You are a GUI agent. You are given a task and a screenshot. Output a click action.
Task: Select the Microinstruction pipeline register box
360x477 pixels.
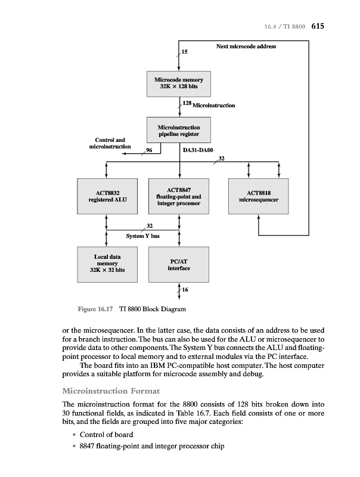[x=179, y=130]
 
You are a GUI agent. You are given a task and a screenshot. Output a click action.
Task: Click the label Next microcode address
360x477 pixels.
[x=246, y=46]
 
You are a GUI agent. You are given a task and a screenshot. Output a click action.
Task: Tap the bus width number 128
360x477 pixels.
[x=187, y=104]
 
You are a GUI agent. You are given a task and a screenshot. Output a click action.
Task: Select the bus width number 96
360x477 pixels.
[x=149, y=150]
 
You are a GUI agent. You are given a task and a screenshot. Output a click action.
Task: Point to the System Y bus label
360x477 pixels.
[x=142, y=236]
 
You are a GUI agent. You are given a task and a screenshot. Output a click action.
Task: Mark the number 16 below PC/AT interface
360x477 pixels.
[x=185, y=289]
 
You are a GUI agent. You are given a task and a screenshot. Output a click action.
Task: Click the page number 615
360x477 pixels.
[x=316, y=26]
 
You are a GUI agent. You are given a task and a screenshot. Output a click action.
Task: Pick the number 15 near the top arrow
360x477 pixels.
[x=184, y=52]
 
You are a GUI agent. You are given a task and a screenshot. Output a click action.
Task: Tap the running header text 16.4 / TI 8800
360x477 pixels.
[x=283, y=27]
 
